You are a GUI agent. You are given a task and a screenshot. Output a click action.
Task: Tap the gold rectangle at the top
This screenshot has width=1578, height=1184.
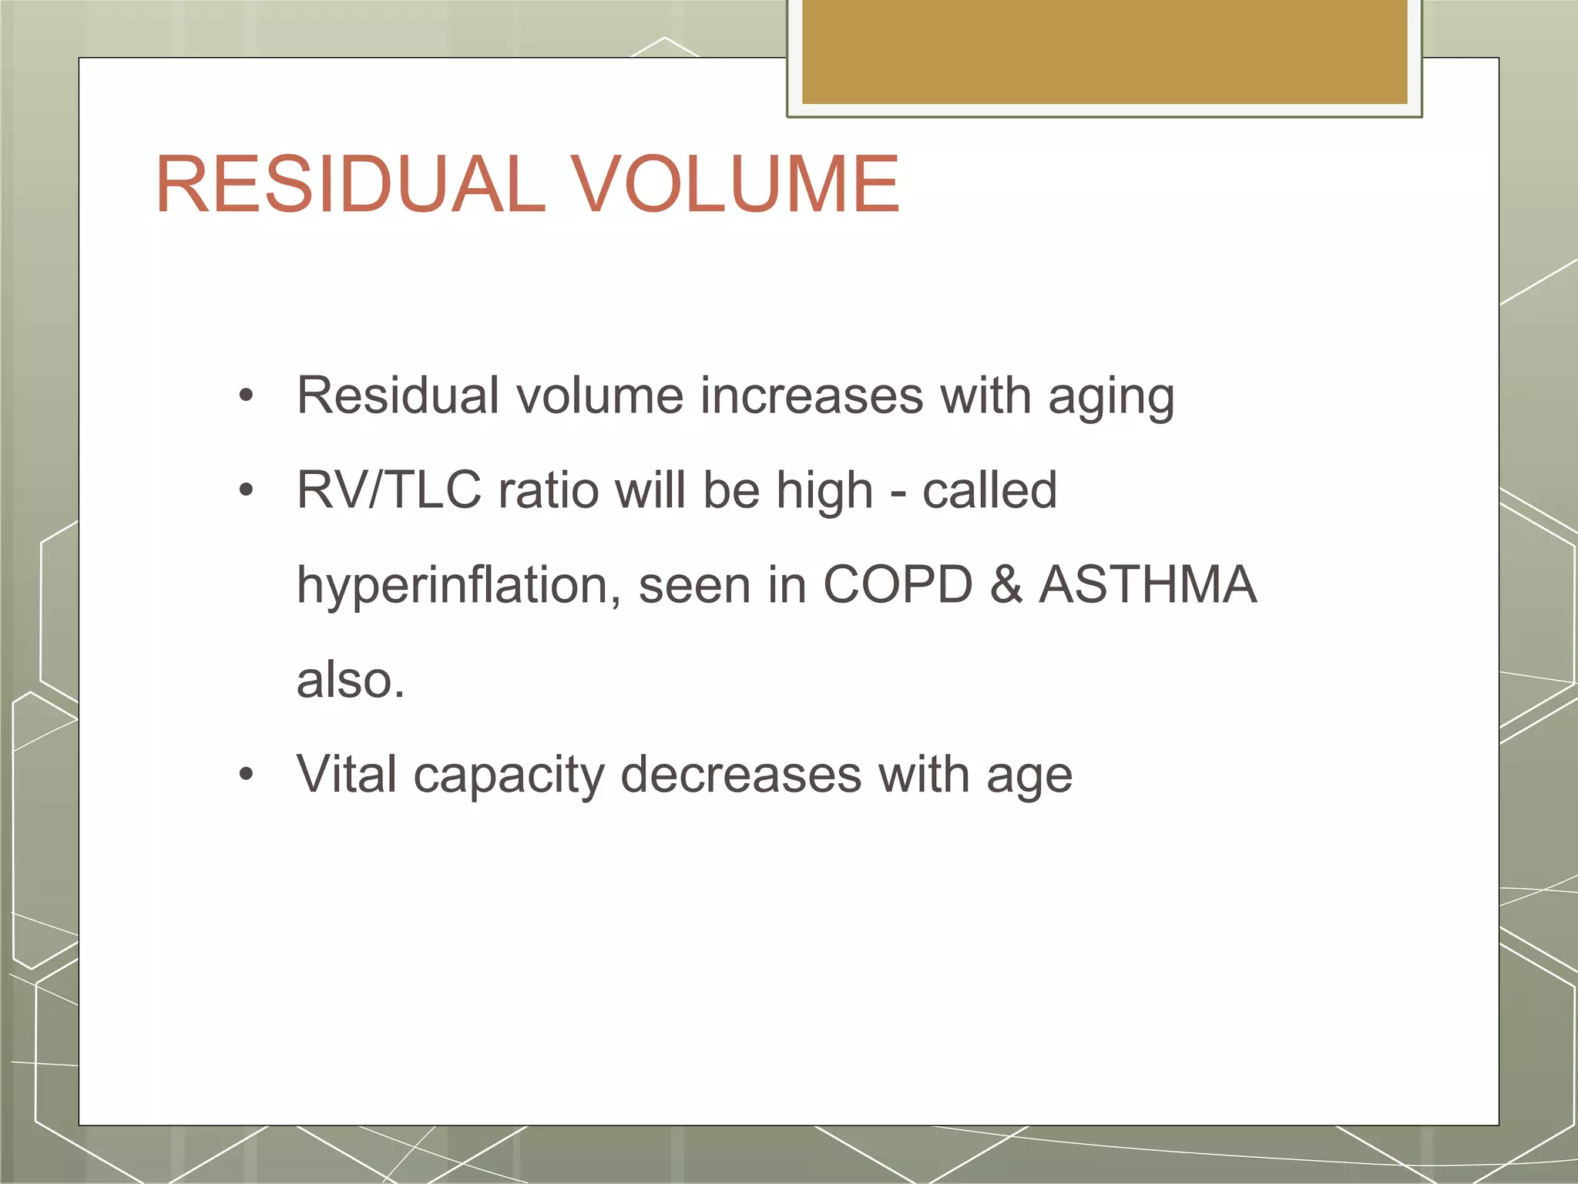pos(1104,51)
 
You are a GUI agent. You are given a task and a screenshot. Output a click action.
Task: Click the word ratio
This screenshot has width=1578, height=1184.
pos(549,490)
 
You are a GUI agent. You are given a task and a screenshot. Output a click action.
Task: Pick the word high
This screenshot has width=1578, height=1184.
pos(824,492)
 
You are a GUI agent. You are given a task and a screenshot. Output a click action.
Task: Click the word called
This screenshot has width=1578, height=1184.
pos(989,490)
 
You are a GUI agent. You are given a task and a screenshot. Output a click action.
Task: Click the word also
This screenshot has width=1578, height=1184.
pos(349,680)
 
